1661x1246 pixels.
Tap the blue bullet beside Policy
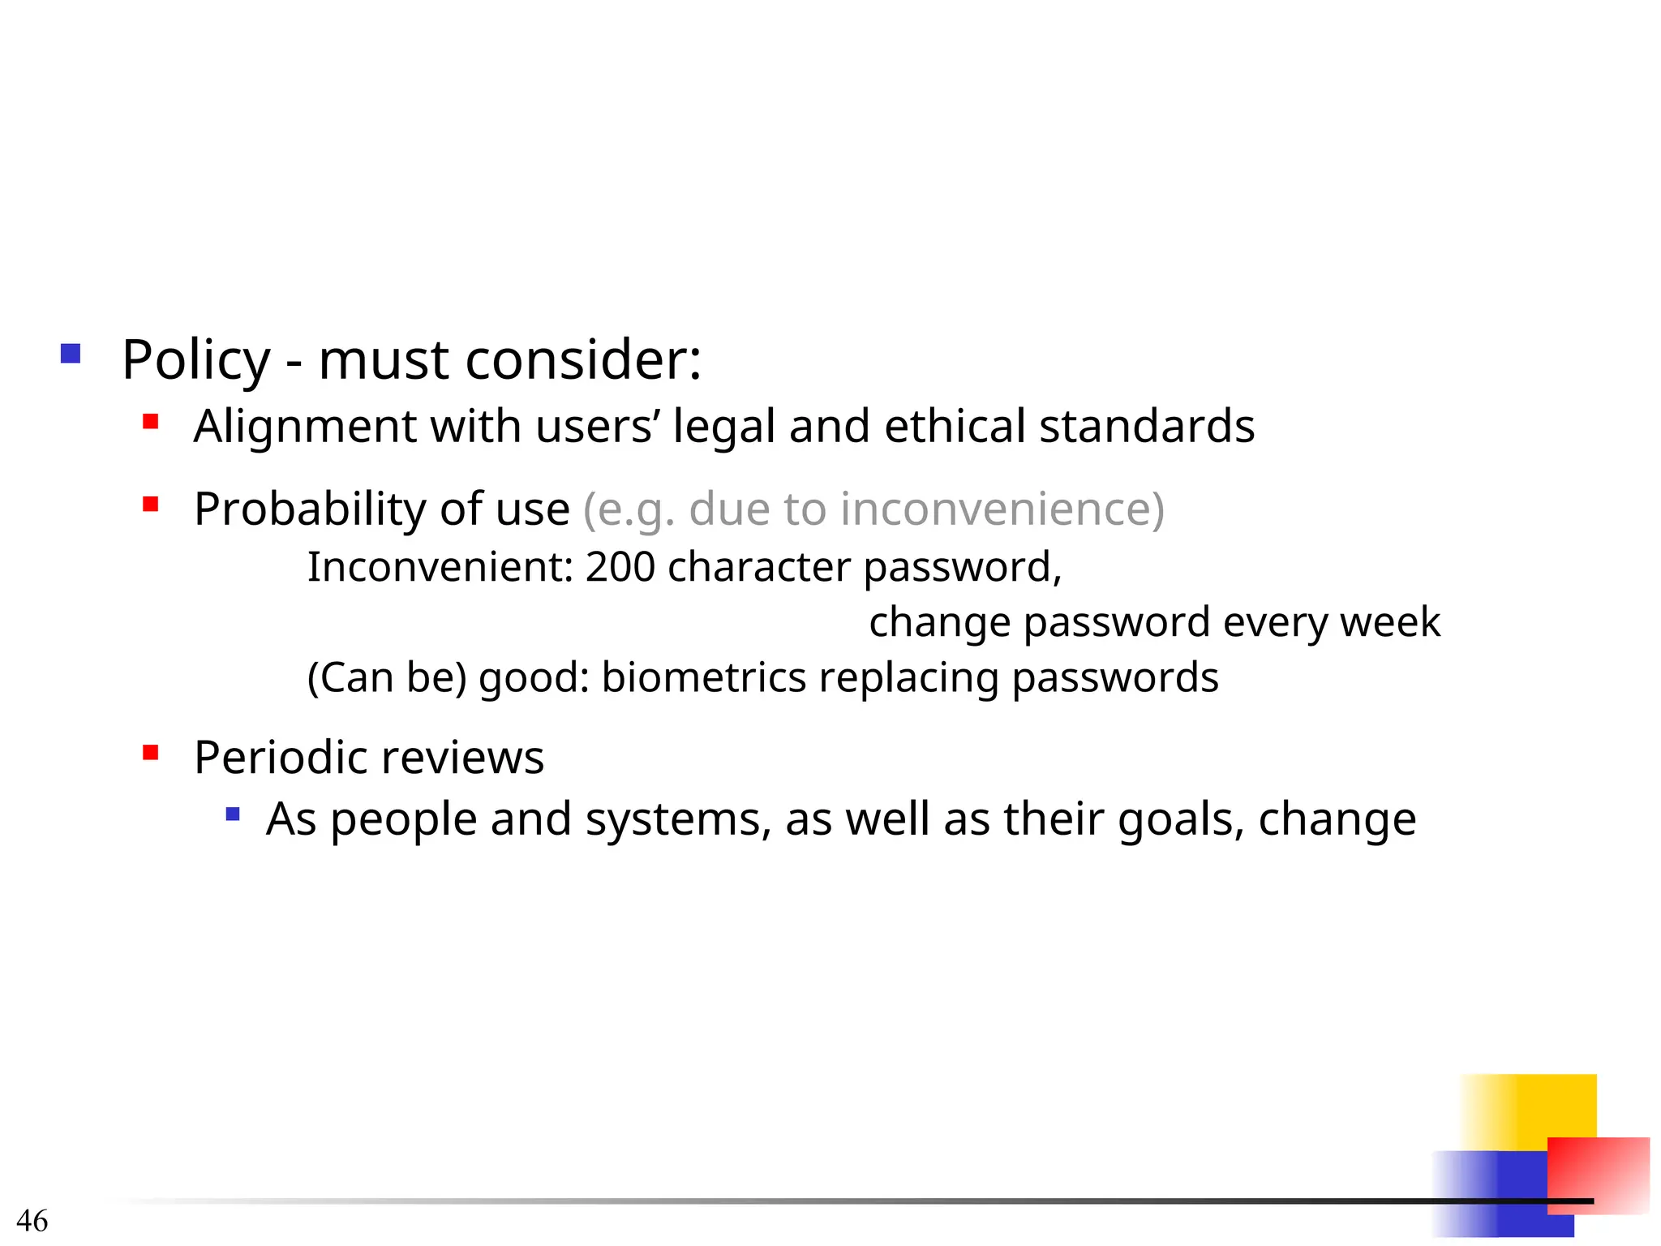click(71, 354)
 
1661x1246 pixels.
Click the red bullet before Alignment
click(150, 421)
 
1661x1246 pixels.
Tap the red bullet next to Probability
click(150, 505)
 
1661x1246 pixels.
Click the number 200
click(620, 566)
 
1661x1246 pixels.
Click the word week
click(1390, 622)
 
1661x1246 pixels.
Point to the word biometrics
click(703, 677)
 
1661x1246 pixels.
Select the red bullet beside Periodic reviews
click(150, 752)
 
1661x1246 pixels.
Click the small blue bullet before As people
click(233, 814)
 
